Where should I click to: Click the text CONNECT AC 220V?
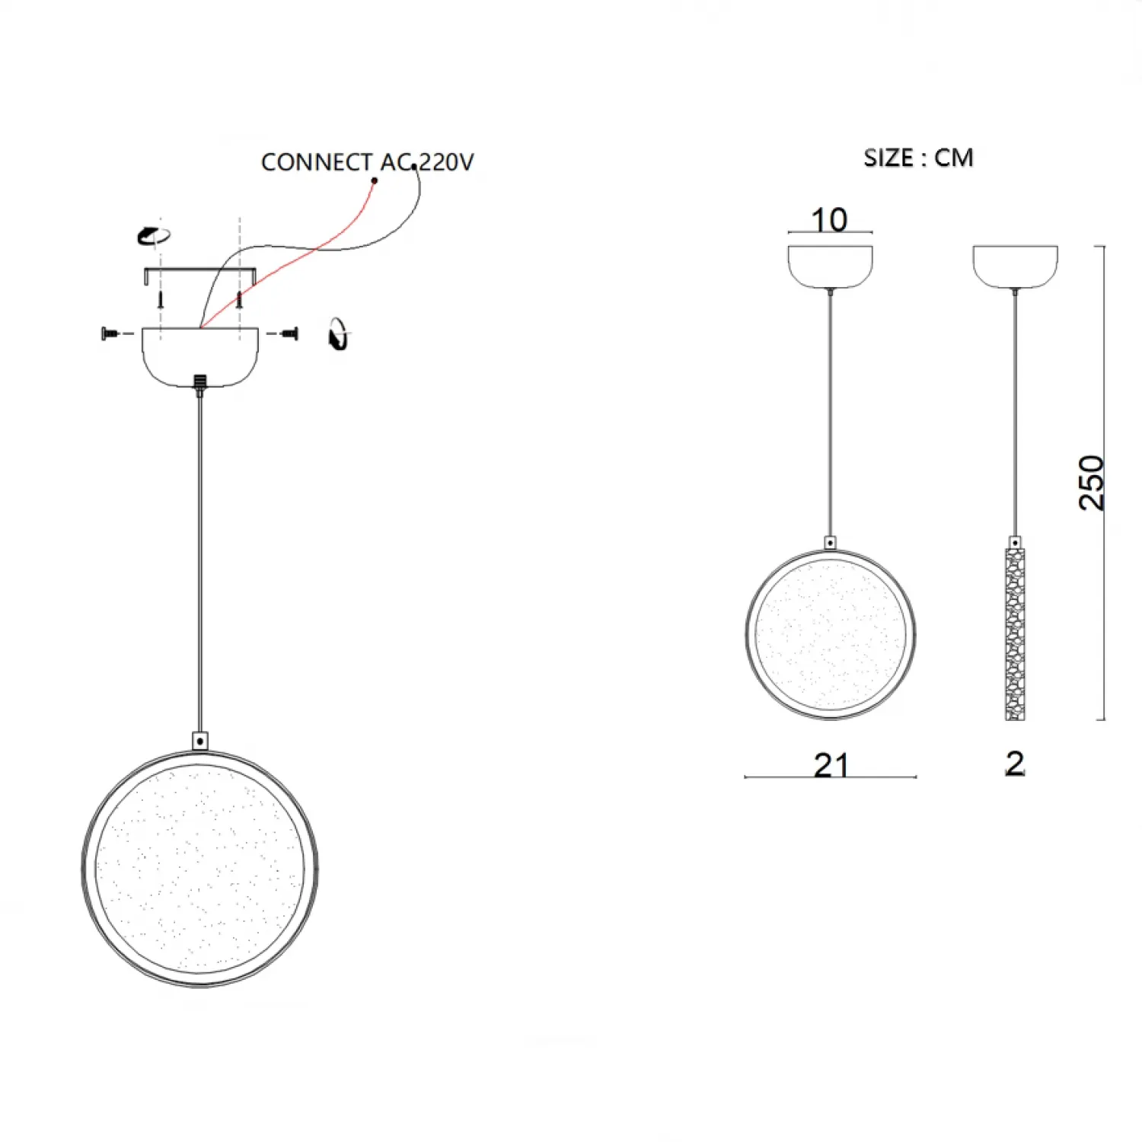(x=367, y=162)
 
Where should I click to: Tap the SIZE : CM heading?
(x=918, y=158)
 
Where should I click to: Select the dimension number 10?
(x=829, y=220)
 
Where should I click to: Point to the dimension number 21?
(x=831, y=765)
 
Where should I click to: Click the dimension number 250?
(x=1092, y=483)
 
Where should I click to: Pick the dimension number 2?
(x=1015, y=764)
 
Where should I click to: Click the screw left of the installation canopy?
(x=110, y=333)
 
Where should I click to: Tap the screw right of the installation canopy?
(x=289, y=333)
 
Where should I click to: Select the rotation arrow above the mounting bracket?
(x=153, y=235)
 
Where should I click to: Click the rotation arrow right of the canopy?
(x=338, y=333)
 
